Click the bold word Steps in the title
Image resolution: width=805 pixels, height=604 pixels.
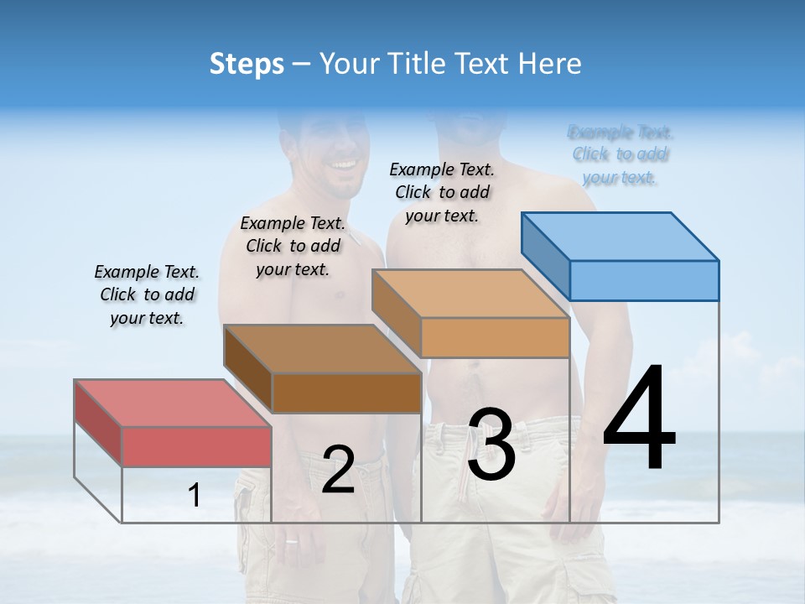(x=246, y=64)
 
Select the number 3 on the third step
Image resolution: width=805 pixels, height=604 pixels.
(x=491, y=445)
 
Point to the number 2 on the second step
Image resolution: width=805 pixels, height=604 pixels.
(x=338, y=470)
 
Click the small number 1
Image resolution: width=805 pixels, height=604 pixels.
(x=195, y=495)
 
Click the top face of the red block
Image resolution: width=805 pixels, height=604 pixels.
(x=172, y=403)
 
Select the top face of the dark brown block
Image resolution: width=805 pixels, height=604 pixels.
(x=322, y=348)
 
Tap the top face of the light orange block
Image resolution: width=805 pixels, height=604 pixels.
(x=470, y=294)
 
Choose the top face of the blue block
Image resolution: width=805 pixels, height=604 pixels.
(x=620, y=236)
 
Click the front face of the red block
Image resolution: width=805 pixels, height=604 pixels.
(x=196, y=446)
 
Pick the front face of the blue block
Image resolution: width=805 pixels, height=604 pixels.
(x=644, y=280)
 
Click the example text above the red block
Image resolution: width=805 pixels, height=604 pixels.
(x=147, y=294)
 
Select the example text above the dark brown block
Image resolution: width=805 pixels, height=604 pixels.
(x=293, y=246)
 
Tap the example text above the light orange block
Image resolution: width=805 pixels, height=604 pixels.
(x=442, y=192)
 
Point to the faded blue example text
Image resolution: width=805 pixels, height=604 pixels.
(x=621, y=154)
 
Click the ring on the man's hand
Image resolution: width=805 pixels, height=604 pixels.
(x=292, y=541)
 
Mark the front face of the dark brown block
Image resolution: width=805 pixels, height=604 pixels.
(x=346, y=393)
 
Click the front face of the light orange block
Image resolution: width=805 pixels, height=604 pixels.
(x=495, y=337)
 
